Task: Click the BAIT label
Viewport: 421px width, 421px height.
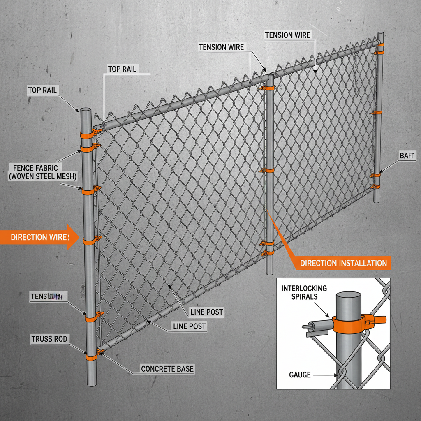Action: pyautogui.click(x=407, y=155)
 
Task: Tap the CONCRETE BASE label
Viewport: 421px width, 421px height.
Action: pyautogui.click(x=167, y=369)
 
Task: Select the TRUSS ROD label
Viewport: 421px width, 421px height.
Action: pyautogui.click(x=50, y=339)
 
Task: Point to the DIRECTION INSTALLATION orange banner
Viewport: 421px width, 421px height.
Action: pyautogui.click(x=343, y=263)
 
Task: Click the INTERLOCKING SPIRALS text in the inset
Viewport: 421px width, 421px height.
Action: pyautogui.click(x=304, y=292)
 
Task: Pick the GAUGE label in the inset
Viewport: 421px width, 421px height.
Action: pyautogui.click(x=300, y=375)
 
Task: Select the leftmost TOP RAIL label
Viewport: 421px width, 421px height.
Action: pyautogui.click(x=42, y=90)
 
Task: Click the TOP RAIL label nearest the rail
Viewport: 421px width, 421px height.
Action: pyautogui.click(x=122, y=69)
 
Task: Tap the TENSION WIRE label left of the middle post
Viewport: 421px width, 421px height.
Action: pyautogui.click(x=221, y=47)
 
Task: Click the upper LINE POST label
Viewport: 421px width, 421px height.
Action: pyautogui.click(x=206, y=312)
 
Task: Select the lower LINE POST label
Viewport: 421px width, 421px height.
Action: pyautogui.click(x=189, y=327)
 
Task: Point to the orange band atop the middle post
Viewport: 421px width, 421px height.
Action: pyautogui.click(x=269, y=88)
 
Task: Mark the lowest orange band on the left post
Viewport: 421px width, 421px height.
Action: pyautogui.click(x=91, y=356)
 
